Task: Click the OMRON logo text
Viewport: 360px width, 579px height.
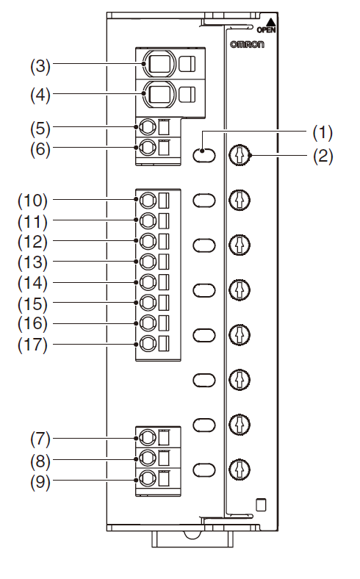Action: (247, 44)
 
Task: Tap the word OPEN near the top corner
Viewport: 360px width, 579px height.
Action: (266, 30)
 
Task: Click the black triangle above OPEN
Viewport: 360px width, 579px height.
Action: (271, 22)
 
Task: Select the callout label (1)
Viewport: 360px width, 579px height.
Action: (323, 132)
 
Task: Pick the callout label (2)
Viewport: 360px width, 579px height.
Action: (323, 156)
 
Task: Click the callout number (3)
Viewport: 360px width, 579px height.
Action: (40, 65)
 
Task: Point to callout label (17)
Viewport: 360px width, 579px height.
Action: (33, 345)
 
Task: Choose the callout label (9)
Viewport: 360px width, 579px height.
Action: (40, 482)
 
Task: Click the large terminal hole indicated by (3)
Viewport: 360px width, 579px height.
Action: (160, 63)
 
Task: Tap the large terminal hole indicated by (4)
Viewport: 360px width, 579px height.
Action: (160, 95)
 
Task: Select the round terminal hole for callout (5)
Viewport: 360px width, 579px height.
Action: (148, 127)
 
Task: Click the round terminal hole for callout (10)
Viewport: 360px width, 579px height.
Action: (148, 200)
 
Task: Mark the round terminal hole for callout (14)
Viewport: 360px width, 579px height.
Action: (148, 282)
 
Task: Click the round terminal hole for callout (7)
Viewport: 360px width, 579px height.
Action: (148, 438)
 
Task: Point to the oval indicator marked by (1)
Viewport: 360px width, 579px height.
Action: (204, 155)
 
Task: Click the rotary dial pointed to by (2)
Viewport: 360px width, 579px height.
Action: (240, 155)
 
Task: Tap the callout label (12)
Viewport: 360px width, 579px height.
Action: (33, 242)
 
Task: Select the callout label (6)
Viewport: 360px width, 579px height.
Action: (40, 149)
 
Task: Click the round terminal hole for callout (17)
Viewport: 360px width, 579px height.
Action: (148, 344)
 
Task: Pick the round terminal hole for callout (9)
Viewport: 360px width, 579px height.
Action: (148, 479)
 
